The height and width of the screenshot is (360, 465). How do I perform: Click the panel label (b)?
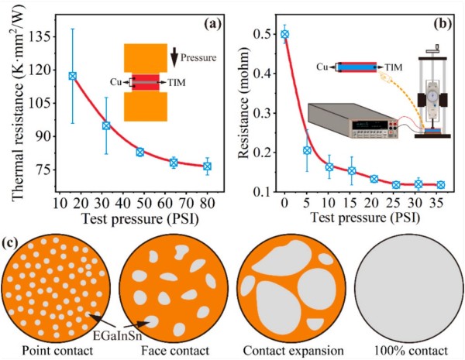(x=443, y=24)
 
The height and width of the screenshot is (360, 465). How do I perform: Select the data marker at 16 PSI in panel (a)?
(x=72, y=76)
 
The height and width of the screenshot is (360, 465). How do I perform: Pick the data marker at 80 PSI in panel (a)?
(x=207, y=166)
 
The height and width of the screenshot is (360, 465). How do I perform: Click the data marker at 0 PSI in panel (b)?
(x=285, y=34)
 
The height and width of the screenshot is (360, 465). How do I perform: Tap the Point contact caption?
(x=53, y=350)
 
